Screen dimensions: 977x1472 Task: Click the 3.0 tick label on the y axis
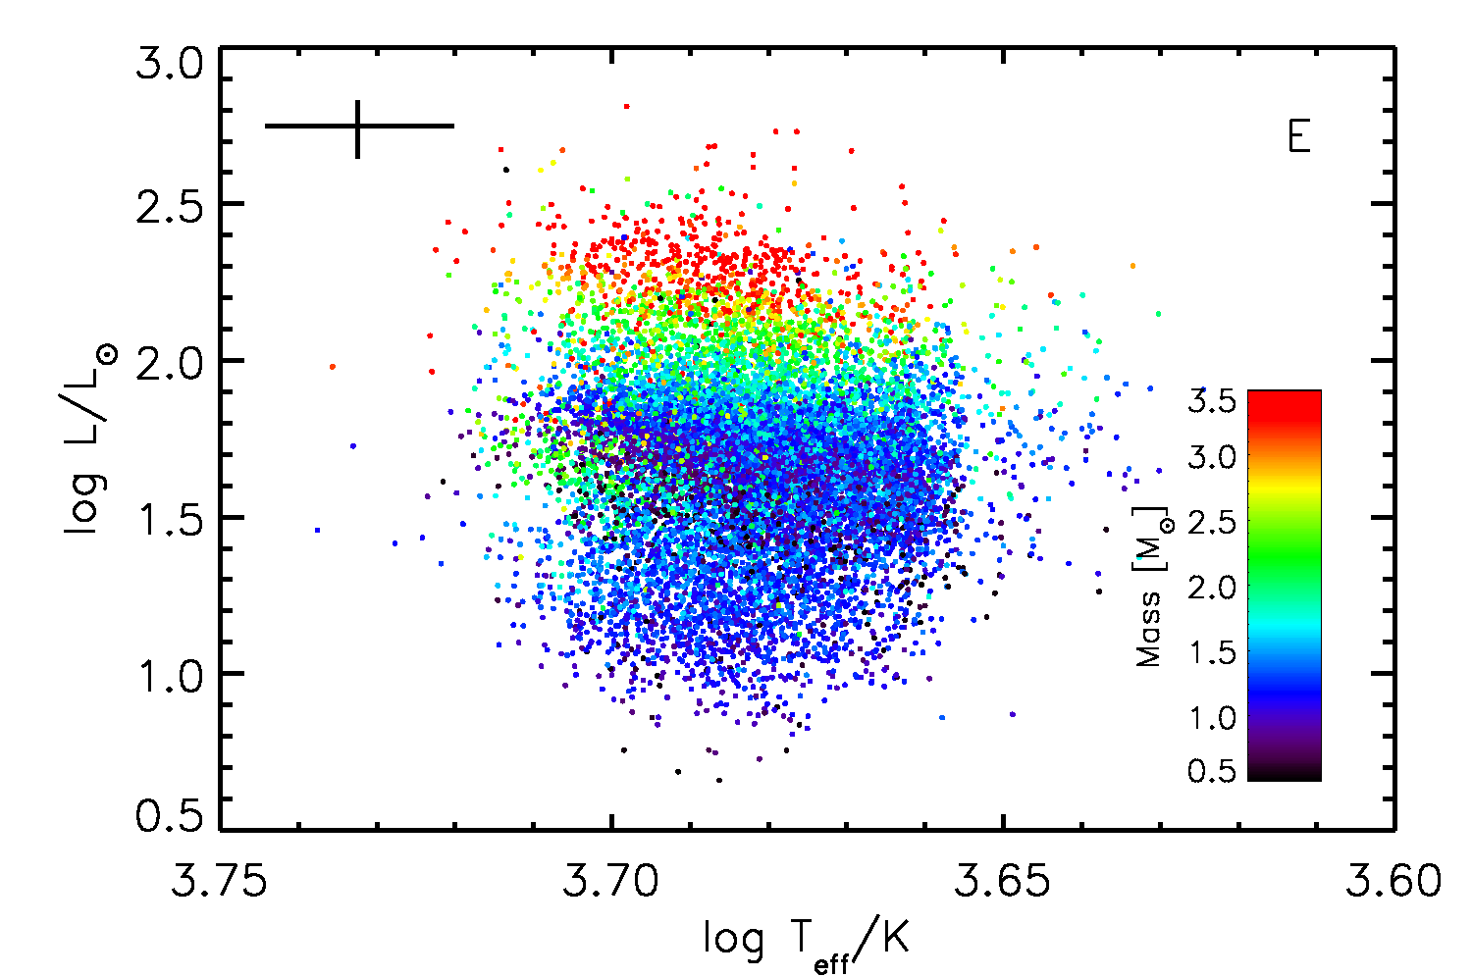(x=170, y=67)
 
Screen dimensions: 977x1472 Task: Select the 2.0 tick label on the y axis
(x=170, y=361)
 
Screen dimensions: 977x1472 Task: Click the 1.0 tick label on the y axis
(x=170, y=675)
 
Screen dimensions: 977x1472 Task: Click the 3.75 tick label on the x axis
(x=219, y=881)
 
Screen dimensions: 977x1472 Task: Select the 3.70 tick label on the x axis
(x=611, y=881)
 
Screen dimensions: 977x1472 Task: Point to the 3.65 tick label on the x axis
(x=1003, y=881)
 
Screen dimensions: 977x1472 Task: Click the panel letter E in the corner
(x=1298, y=137)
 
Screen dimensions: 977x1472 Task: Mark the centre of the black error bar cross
(x=358, y=126)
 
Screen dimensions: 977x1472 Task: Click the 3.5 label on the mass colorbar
(x=1212, y=402)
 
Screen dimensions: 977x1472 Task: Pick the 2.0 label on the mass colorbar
(x=1212, y=587)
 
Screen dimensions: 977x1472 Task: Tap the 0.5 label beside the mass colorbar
(x=1212, y=771)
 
